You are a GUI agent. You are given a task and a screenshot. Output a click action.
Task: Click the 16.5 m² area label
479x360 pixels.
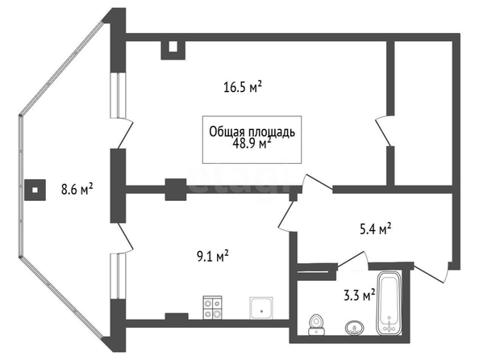243,87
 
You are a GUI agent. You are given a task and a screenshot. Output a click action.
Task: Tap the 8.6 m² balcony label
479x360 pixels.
77,189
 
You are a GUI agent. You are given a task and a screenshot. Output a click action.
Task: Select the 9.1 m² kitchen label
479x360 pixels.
213,257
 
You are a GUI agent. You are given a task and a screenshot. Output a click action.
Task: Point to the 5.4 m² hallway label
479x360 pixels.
376,228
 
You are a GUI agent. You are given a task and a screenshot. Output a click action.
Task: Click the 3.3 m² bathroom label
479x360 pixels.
360,295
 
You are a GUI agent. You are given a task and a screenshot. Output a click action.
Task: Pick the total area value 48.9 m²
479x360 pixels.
252,143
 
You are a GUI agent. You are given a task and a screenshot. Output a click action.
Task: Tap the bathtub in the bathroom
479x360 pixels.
389,302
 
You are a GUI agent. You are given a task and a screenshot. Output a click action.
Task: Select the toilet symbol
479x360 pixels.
316,324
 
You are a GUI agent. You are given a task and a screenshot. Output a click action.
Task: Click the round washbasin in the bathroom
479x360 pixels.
354,328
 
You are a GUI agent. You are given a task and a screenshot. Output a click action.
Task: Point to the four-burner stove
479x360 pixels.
212,308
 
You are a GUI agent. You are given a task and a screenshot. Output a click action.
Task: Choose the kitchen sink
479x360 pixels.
261,308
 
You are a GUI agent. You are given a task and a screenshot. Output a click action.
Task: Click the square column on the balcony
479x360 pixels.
35,190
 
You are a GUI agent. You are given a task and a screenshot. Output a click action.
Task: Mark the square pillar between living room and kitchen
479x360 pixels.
176,190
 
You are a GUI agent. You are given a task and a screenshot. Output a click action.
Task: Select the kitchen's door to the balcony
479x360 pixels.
125,237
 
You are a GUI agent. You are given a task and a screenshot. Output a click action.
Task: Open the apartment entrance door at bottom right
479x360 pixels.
431,273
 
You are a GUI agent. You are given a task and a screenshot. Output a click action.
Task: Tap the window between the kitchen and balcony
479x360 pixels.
118,276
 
